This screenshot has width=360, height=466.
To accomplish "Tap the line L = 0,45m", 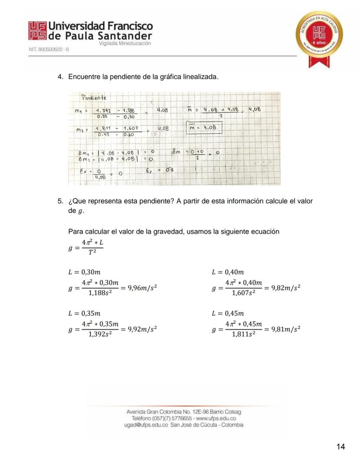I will [x=228, y=313].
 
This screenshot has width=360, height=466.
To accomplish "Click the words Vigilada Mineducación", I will [x=125, y=44].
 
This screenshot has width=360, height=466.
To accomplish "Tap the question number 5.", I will [x=60, y=201].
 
